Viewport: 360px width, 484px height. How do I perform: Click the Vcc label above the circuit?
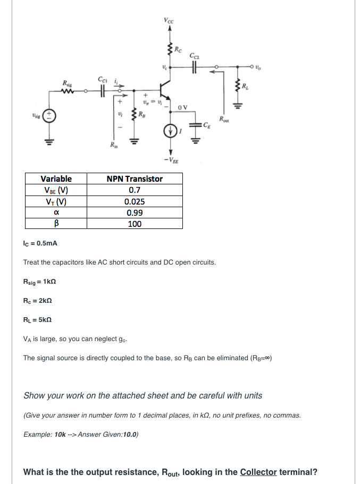click(169, 21)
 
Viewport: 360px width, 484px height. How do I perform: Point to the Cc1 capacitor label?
click(102, 80)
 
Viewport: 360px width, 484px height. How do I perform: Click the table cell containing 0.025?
click(135, 201)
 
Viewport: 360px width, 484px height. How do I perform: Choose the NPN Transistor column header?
click(135, 179)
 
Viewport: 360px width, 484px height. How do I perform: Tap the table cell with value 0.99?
click(135, 213)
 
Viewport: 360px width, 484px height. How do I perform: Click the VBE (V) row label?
click(56, 190)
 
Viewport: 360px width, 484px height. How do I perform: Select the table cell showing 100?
click(135, 224)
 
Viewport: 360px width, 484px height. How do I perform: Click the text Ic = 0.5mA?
click(40, 243)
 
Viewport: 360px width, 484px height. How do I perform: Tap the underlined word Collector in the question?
click(258, 472)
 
